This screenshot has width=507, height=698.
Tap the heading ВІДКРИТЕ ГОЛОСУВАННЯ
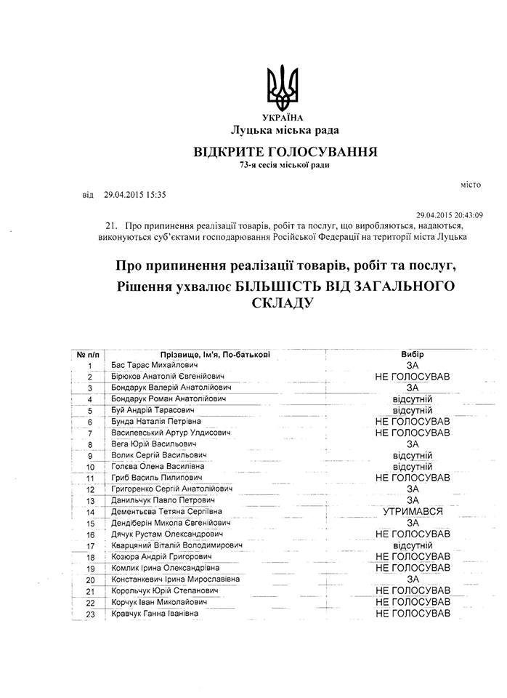[x=284, y=152]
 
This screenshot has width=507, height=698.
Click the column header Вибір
[x=412, y=354]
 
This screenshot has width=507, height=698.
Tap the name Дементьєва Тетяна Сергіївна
[x=170, y=512]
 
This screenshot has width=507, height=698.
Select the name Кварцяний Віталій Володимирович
[x=177, y=546]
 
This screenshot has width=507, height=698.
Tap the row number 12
[x=90, y=489]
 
